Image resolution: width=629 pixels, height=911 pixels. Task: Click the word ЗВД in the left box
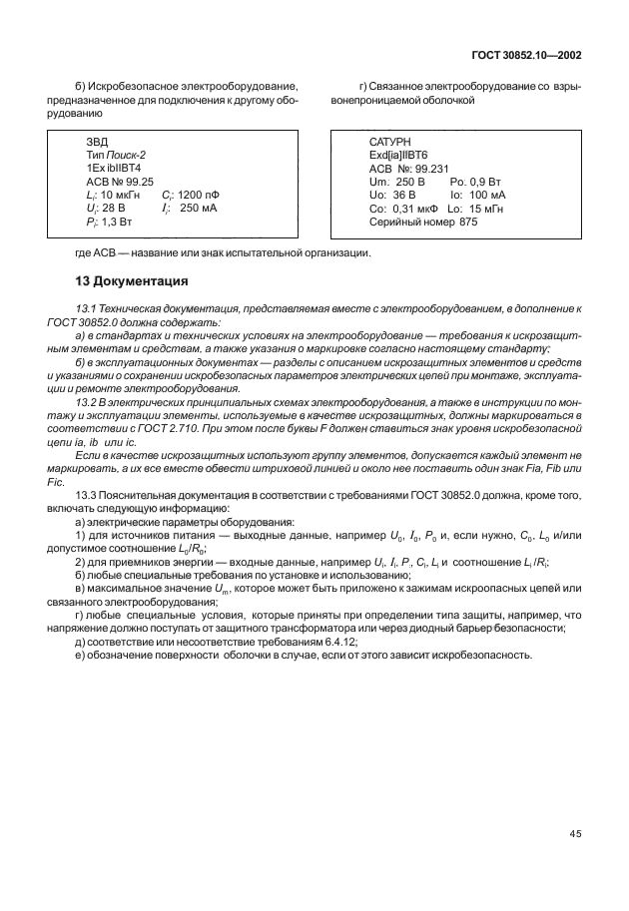pos(97,143)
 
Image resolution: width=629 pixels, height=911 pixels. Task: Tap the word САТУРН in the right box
pos(390,143)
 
